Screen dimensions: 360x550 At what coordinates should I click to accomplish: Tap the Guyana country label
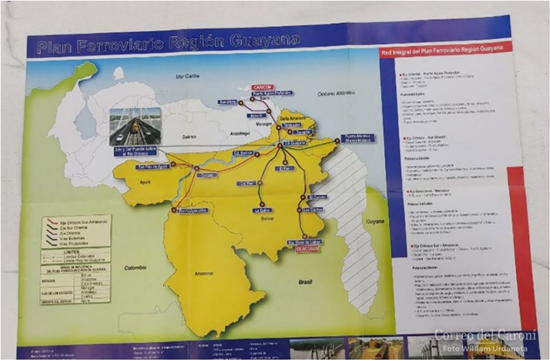coord(374,220)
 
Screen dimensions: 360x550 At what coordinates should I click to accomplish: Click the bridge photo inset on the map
coord(131,126)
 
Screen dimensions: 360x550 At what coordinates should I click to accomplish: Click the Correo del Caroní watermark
coord(485,335)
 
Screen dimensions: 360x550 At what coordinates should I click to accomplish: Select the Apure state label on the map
coord(147,182)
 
